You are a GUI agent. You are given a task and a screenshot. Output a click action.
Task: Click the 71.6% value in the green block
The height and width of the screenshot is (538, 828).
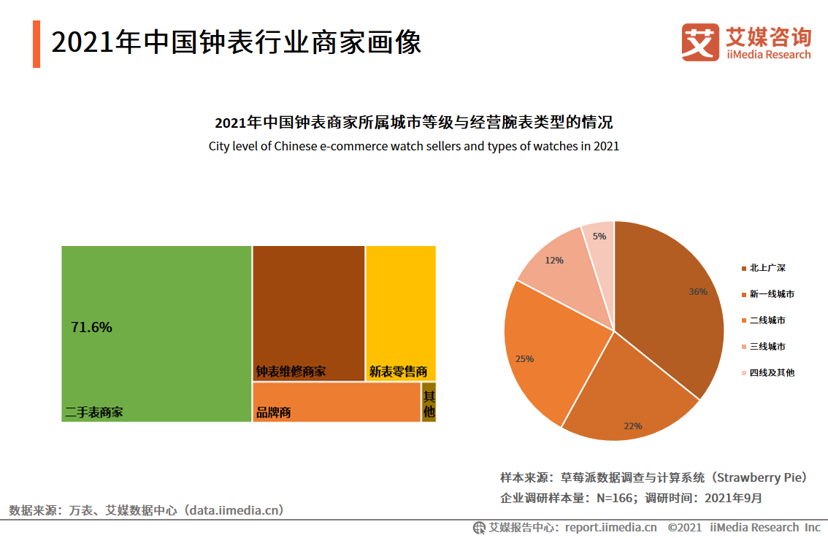tap(91, 328)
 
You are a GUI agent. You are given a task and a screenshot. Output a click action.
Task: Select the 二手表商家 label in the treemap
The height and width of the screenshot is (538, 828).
tap(94, 412)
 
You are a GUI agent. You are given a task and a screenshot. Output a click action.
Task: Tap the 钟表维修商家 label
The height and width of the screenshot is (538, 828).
tap(291, 372)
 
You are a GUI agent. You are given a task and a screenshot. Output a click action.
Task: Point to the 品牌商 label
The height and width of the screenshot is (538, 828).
tap(274, 412)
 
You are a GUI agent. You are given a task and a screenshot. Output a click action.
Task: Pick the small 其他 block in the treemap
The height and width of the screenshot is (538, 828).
tap(429, 402)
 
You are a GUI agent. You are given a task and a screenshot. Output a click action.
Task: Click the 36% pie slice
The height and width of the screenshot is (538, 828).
tap(672, 299)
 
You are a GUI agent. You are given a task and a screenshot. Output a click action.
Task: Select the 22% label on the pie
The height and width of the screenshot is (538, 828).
tap(632, 425)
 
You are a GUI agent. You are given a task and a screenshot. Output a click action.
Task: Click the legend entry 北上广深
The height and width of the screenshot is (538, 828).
tap(767, 268)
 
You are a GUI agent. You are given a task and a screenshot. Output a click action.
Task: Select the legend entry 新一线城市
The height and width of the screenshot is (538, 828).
tap(771, 294)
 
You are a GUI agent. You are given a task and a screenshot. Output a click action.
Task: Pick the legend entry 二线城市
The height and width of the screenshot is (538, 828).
tap(767, 320)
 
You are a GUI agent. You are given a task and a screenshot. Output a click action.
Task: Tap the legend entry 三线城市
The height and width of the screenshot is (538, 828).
tap(767, 347)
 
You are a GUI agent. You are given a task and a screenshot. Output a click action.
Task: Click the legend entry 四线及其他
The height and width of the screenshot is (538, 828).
tap(771, 373)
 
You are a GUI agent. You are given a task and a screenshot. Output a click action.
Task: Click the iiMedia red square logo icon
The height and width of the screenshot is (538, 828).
tap(700, 42)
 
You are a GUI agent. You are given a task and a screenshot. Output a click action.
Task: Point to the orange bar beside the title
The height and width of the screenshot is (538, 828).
tap(36, 44)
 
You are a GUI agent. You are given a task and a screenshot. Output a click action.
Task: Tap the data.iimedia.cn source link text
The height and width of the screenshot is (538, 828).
tap(234, 510)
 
